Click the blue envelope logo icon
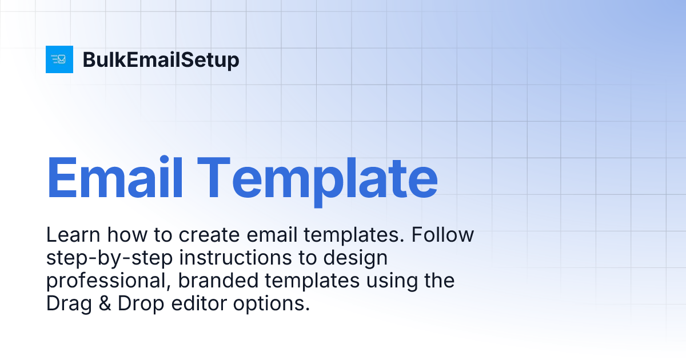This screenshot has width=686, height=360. (x=59, y=59)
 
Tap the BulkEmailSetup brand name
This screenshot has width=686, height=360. (x=161, y=60)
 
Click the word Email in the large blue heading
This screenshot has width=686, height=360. (x=115, y=175)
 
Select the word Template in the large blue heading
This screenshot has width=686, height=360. (x=320, y=175)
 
